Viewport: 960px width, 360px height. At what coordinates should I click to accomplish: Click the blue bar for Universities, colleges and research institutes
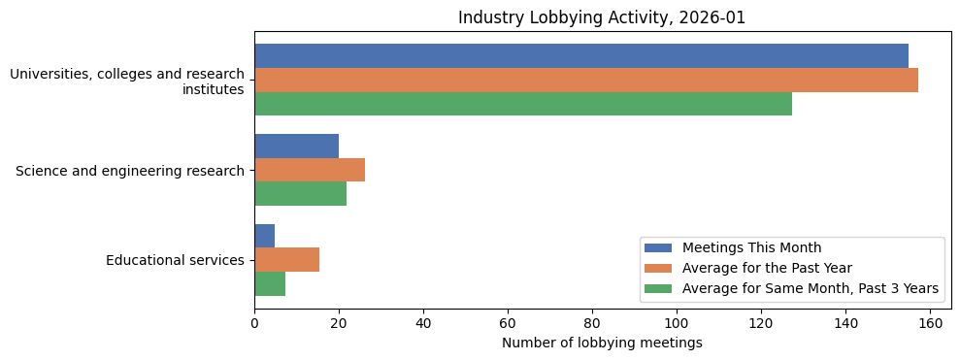coord(580,56)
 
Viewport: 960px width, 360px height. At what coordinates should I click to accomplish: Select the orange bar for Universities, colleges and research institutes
coord(585,80)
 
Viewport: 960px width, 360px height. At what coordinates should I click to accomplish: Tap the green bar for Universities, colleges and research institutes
coord(522,104)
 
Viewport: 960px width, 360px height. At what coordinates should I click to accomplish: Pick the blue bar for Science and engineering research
coord(296,146)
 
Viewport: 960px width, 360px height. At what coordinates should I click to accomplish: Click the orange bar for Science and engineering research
coord(309,170)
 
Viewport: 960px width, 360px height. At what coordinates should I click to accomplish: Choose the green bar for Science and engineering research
coord(300,193)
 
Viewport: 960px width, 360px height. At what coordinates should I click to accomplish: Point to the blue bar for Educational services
coord(264,236)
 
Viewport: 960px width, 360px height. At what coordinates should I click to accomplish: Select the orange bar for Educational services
coord(286,259)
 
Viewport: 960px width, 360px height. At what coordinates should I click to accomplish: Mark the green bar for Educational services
coord(270,283)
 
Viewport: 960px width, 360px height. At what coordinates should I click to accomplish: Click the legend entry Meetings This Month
coord(751,247)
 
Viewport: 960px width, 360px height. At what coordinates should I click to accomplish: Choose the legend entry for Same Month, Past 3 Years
coord(811,288)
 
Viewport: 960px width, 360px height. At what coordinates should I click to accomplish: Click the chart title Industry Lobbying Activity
coord(602,17)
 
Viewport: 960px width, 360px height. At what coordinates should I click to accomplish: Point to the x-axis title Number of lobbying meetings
coord(602,343)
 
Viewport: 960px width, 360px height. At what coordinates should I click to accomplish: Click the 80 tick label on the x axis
coord(592,323)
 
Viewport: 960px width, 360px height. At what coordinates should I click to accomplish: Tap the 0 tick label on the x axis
coord(254,323)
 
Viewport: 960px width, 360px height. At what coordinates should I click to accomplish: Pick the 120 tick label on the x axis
coord(761,323)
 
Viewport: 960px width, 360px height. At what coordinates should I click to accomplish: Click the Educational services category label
coord(175,260)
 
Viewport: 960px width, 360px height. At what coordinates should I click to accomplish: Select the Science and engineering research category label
coord(130,171)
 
